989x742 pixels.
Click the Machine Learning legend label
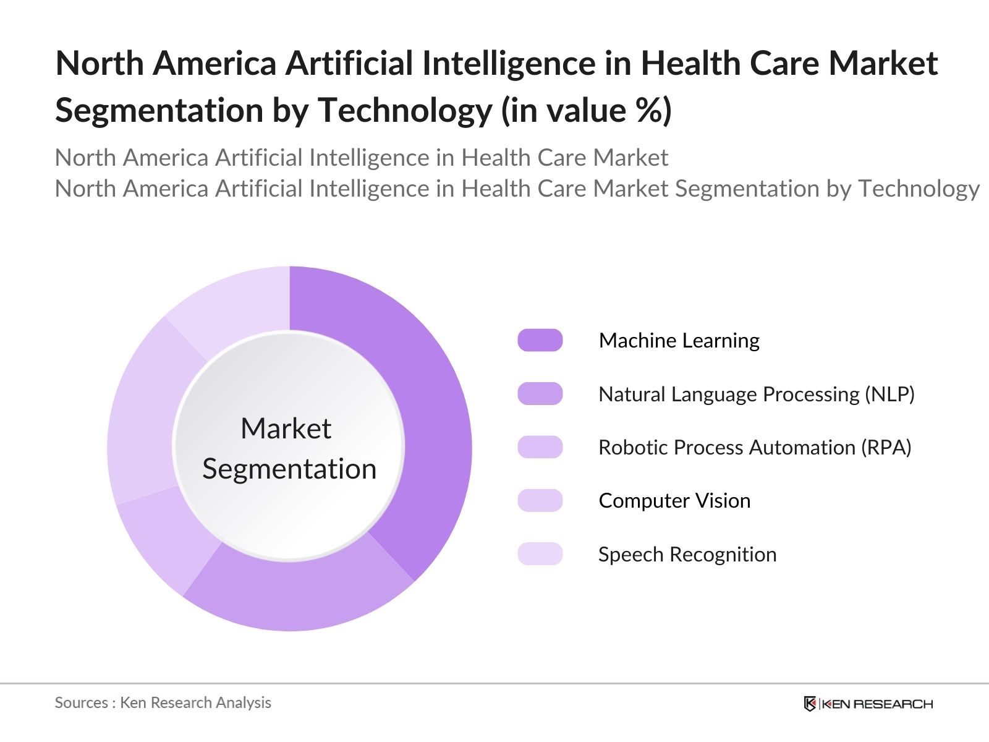tap(679, 341)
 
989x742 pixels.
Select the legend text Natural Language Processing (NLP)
tap(756, 394)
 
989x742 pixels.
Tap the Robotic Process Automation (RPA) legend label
tap(755, 448)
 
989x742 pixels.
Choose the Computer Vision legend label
tap(674, 501)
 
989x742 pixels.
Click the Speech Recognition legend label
tap(687, 555)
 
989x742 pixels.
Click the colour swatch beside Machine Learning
tap(540, 341)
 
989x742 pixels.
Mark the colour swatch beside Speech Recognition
tap(540, 554)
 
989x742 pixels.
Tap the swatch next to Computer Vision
tap(540, 501)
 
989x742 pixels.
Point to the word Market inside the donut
tap(286, 429)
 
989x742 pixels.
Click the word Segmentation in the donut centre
tap(289, 469)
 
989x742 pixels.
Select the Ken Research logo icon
tap(810, 704)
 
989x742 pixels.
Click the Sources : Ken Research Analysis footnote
tap(163, 702)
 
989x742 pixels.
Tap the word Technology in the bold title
tap(404, 111)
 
